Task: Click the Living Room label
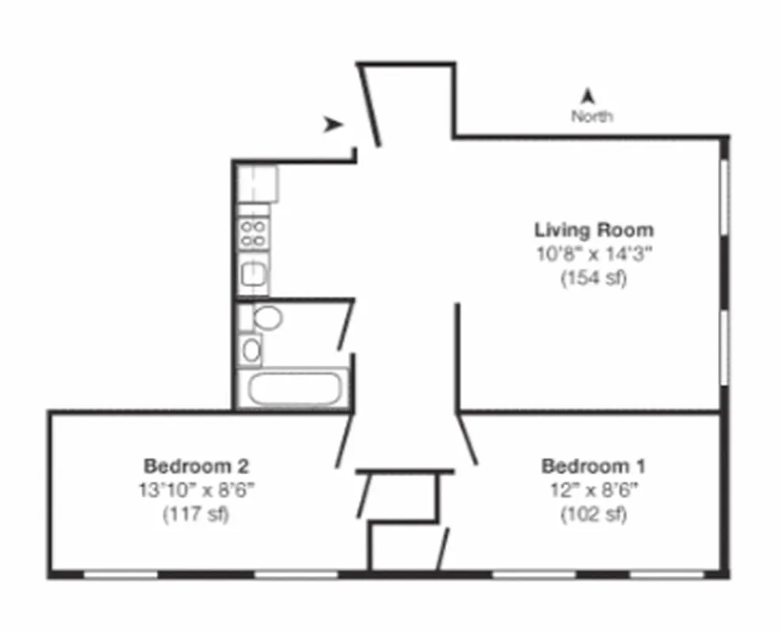pos(594,231)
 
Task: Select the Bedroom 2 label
pos(196,464)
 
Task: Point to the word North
pos(591,116)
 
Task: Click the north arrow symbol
pos(587,96)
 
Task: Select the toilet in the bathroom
pos(266,318)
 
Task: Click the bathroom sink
pos(251,349)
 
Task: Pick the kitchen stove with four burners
pos(254,233)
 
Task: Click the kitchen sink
pos(254,274)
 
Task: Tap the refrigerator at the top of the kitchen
pos(258,184)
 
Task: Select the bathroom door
pos(345,327)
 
